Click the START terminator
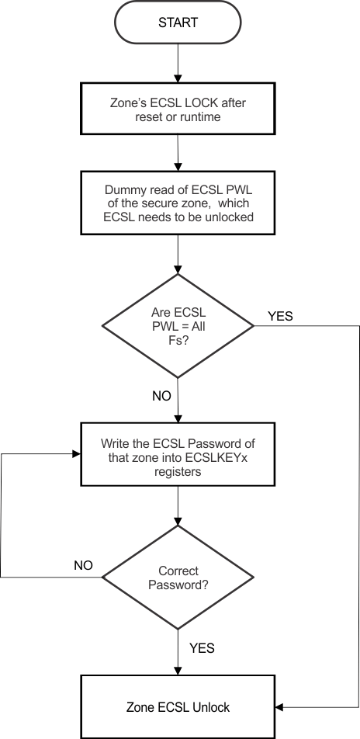[x=178, y=23]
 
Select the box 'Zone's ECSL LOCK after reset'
[x=178, y=111]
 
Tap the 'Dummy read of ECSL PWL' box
[x=178, y=202]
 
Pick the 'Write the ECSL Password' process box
[x=178, y=455]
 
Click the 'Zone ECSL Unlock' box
[x=178, y=707]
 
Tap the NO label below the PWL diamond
[x=161, y=396]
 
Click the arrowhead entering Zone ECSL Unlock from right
[x=280, y=707]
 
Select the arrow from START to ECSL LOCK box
[x=178, y=62]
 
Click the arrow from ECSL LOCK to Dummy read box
[x=178, y=154]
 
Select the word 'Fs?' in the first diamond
[x=178, y=340]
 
